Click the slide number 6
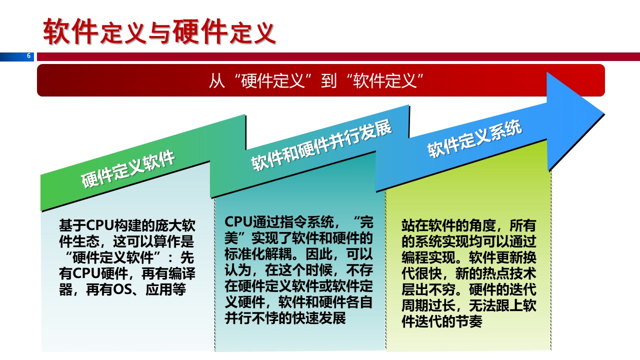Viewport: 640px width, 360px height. pos(28,55)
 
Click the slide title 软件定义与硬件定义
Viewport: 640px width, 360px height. pos(159,31)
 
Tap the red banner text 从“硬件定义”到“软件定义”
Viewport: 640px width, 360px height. pos(316,80)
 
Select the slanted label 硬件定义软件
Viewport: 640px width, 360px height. pos(128,168)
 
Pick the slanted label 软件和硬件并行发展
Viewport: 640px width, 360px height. pos(321,145)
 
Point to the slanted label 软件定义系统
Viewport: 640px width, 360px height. pos(474,138)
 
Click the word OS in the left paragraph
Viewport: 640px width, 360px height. pos(123,289)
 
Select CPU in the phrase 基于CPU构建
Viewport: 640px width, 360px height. pos(99,225)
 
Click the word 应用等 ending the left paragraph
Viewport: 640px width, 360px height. pos(165,289)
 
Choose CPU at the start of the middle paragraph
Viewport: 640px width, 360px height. pos(238,221)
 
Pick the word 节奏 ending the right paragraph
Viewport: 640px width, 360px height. pos(469,321)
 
